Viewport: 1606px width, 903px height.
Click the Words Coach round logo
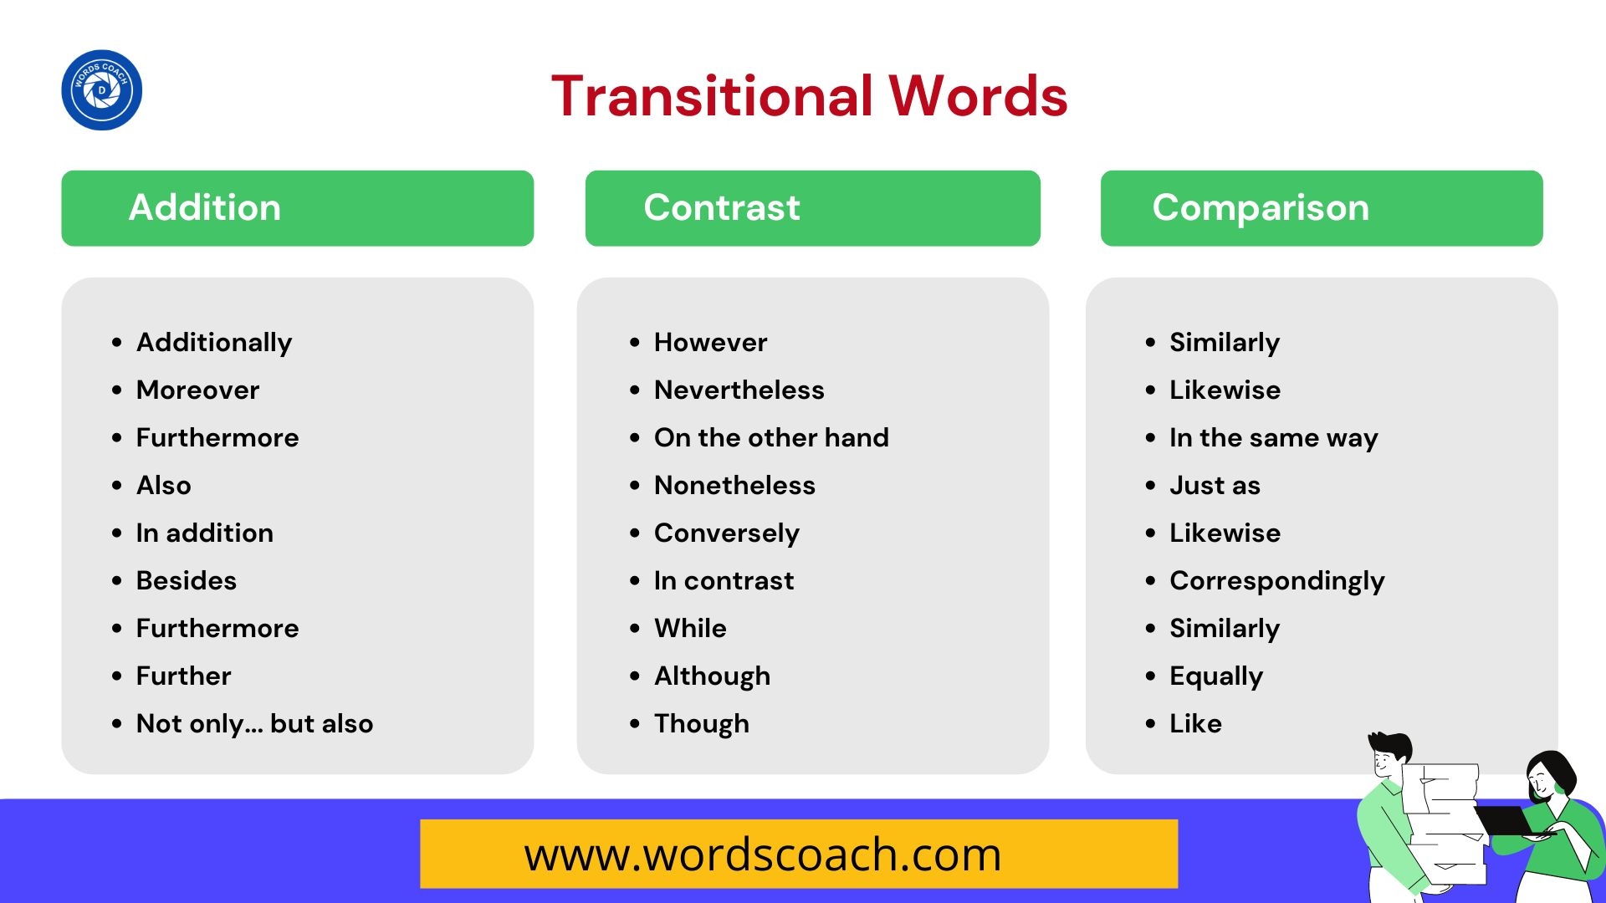pos(101,89)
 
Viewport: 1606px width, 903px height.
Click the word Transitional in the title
pos(713,95)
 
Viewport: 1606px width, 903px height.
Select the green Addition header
pos(297,208)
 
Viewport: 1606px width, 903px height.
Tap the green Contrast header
pos(812,208)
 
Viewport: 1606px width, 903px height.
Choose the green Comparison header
pos(1322,208)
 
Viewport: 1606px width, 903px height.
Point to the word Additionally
pos(214,342)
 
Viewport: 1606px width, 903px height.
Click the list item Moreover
pos(198,390)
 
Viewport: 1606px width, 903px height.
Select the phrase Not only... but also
pos(255,723)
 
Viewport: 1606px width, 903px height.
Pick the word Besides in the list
pos(187,580)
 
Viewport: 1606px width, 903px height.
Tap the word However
pos(710,342)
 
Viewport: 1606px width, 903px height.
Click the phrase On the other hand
pos(771,437)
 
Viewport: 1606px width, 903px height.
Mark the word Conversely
pos(727,533)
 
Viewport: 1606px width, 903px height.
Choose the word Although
pos(712,676)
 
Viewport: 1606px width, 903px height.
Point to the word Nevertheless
pos(739,390)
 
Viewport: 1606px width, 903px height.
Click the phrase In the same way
pos(1274,438)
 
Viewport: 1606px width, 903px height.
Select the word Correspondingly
pos(1277,581)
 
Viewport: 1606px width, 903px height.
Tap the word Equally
pos(1216,676)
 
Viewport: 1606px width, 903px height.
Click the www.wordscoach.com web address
pos(763,855)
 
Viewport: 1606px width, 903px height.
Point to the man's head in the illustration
pos(1389,755)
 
